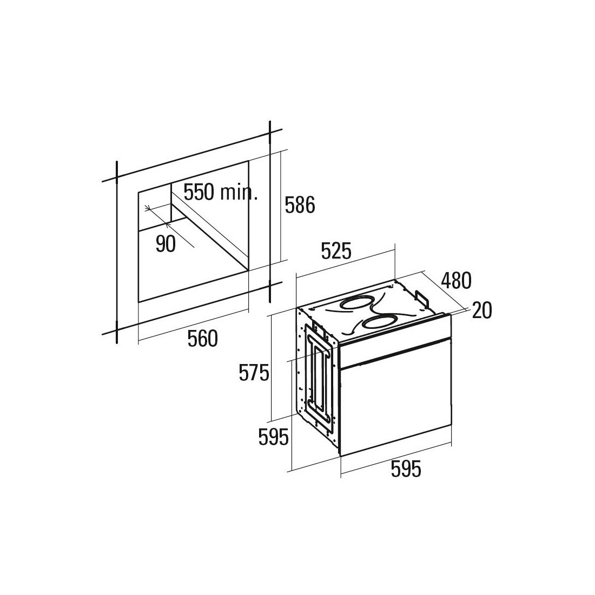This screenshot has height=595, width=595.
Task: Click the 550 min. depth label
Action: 221,192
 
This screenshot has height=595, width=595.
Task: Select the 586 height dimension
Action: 300,205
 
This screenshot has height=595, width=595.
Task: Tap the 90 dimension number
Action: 166,244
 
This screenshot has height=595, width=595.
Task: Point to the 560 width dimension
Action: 203,339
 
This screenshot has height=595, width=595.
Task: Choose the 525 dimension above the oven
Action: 336,251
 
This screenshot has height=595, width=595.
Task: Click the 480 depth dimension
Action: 456,281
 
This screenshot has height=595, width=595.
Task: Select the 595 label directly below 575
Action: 273,437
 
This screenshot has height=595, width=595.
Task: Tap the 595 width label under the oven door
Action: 406,468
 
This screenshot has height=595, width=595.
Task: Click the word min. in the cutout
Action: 239,193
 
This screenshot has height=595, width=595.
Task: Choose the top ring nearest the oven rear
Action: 355,303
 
